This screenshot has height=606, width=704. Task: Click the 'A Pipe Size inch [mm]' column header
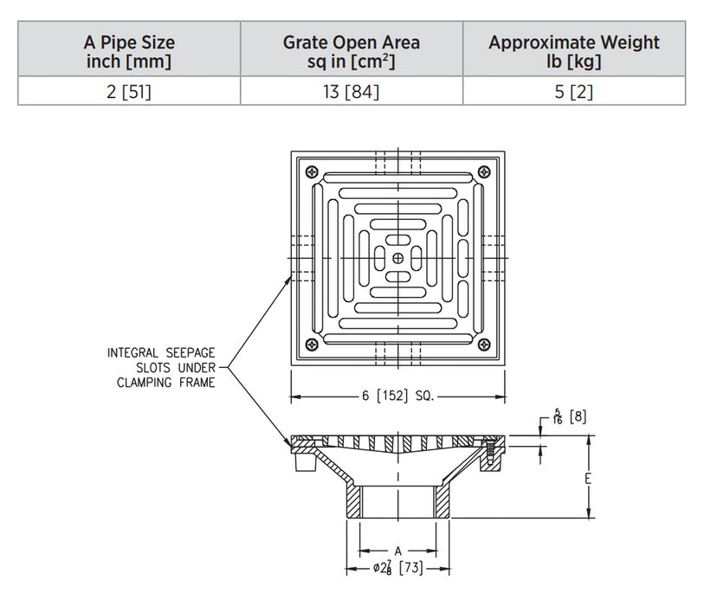129,51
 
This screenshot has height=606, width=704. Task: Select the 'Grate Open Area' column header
352,51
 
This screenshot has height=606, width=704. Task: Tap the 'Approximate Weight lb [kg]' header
573,51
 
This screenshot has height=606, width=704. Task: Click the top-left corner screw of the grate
313,171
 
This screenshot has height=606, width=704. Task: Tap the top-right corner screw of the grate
482,171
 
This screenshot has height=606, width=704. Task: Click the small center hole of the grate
397,257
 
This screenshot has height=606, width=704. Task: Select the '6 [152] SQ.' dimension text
397,396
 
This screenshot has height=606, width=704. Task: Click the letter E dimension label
588,478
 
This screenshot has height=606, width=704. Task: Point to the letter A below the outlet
397,551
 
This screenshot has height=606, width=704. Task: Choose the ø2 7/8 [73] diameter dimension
397,570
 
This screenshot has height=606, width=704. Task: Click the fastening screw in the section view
489,450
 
